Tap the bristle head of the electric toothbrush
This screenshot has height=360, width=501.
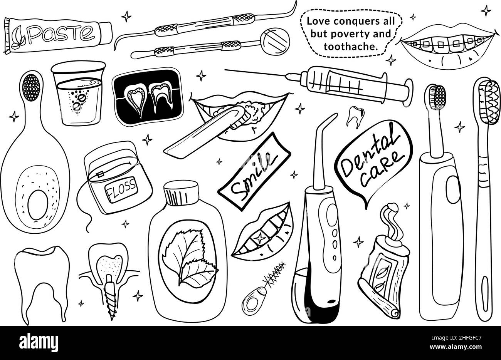point(436,97)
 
